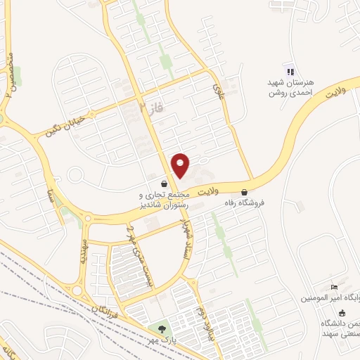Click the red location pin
(181, 166)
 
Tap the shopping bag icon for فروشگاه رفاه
(244, 191)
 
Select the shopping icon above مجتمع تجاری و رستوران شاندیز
(164, 184)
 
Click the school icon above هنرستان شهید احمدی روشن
(289, 70)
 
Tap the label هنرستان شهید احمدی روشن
(290, 86)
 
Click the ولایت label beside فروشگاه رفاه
(210, 191)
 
